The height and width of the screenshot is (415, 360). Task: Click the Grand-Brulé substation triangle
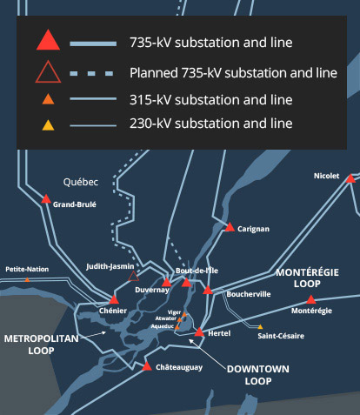[x=46, y=199]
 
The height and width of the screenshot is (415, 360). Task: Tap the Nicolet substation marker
[x=350, y=178]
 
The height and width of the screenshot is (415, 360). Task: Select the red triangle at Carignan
[x=230, y=227]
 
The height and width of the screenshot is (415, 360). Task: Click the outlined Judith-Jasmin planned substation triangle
[x=133, y=277]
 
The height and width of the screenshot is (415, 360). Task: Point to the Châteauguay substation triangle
[x=147, y=366]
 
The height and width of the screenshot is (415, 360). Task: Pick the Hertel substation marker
[x=199, y=332]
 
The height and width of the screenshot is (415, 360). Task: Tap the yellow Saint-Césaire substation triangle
[x=260, y=327]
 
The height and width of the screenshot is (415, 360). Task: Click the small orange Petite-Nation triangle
[x=27, y=280]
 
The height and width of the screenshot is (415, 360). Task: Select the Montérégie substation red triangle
[x=310, y=299]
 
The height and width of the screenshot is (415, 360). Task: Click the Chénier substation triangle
[x=114, y=300]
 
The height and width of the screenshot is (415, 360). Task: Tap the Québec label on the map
[x=81, y=182]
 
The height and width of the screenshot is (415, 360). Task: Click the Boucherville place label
[x=249, y=294]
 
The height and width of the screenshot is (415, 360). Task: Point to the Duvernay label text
[x=152, y=291]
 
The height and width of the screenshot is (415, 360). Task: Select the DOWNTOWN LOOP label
[x=258, y=375]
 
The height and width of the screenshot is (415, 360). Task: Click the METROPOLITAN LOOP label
[x=42, y=345]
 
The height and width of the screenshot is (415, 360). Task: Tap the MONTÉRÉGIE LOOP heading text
[x=307, y=278]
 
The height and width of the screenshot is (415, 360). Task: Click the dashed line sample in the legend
[x=91, y=74]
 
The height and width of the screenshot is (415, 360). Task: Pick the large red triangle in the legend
[x=48, y=40]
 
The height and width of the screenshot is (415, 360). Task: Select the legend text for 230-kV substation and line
[x=211, y=124]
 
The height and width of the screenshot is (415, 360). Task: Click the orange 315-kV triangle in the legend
[x=48, y=99]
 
